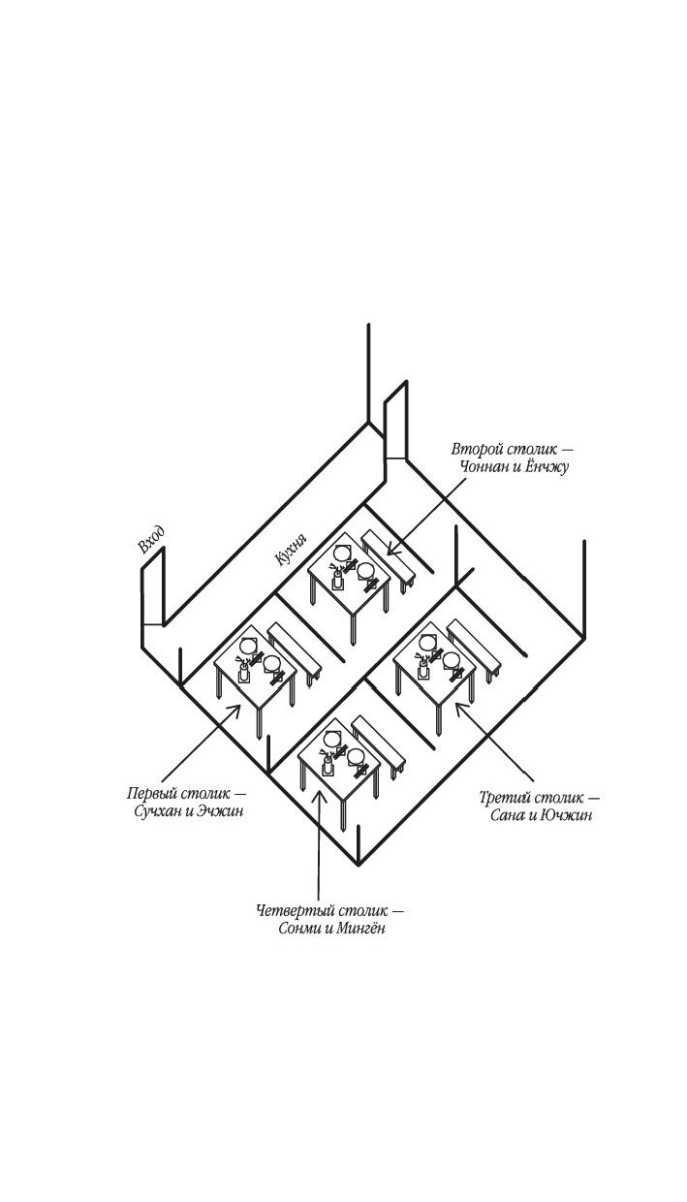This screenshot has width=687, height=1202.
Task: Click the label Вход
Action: coord(151,541)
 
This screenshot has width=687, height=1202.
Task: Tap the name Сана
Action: coord(512,815)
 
